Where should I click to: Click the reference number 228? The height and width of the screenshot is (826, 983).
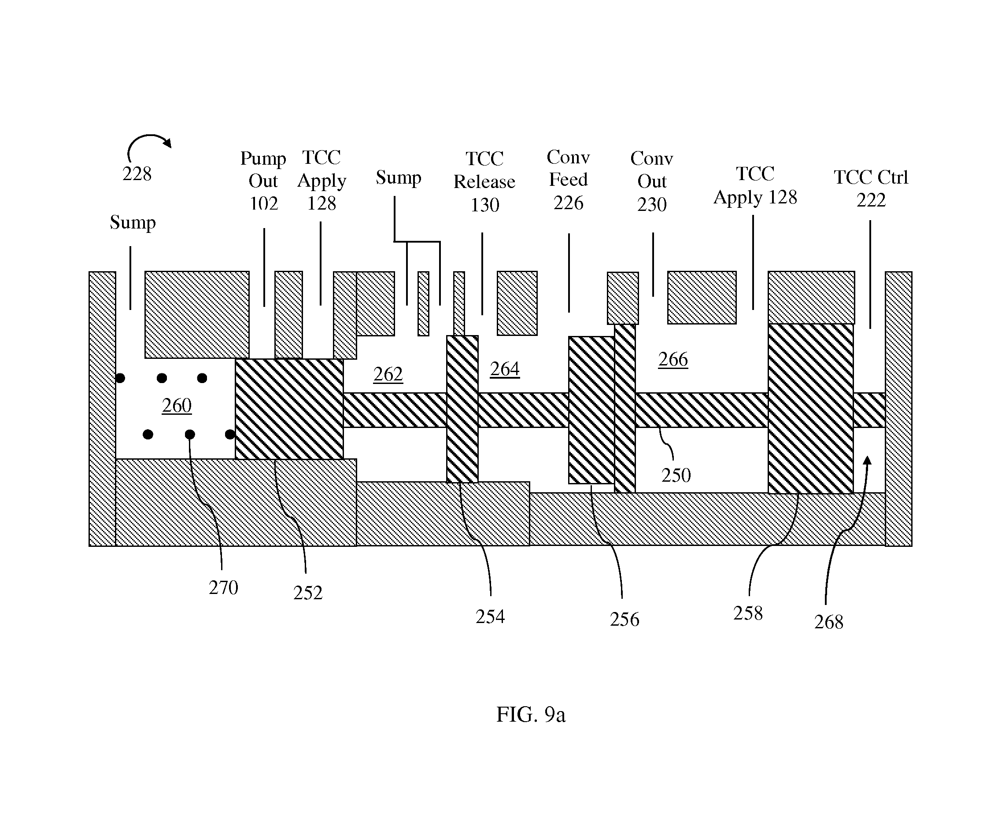(137, 174)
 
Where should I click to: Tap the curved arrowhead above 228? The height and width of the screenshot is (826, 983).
(167, 142)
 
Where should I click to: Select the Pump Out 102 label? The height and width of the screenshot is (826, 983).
(263, 181)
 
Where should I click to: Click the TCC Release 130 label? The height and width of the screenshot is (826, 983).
(484, 182)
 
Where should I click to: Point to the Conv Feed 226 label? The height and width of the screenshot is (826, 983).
(568, 180)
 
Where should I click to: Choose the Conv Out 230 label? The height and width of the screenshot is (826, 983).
(651, 181)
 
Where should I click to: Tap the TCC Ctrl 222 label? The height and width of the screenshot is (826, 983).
(871, 188)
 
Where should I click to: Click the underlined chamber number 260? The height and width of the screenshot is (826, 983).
(177, 406)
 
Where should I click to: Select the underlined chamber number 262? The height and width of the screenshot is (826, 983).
(388, 374)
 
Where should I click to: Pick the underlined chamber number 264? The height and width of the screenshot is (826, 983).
(504, 369)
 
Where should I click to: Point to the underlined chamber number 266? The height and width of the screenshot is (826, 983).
(673, 359)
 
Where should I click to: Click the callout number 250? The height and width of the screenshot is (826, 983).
(676, 475)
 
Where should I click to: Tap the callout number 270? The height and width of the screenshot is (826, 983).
(223, 588)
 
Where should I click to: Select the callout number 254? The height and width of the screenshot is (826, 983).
(490, 617)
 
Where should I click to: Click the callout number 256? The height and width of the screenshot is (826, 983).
(624, 619)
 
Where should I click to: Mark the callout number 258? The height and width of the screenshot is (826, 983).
(748, 613)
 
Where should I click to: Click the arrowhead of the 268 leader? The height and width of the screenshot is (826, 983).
(867, 461)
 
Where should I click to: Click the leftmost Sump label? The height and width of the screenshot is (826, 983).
(133, 222)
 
